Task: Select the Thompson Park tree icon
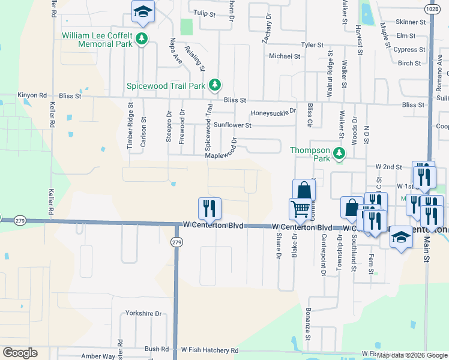click(x=340, y=154)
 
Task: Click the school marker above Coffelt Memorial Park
click(x=143, y=11)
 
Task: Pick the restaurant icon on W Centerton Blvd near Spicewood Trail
click(x=209, y=208)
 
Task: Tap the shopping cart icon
click(x=300, y=209)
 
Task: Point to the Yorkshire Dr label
click(x=143, y=313)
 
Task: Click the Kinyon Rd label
click(x=32, y=95)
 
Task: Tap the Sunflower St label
click(x=232, y=125)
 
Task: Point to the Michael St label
click(x=284, y=56)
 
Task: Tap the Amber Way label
click(x=98, y=356)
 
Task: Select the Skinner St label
click(x=411, y=22)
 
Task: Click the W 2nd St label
click(x=388, y=166)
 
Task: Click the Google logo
click(x=20, y=353)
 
